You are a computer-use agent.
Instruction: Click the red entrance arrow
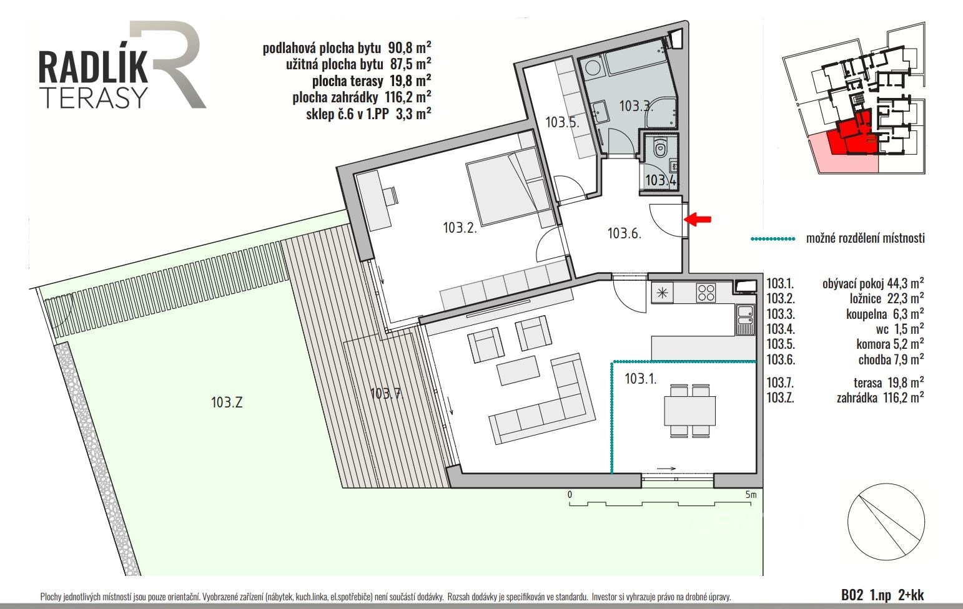[698, 220]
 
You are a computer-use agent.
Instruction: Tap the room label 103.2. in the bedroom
[460, 227]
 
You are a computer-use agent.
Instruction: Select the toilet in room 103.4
[659, 147]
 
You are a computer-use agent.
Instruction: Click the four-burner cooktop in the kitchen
[706, 293]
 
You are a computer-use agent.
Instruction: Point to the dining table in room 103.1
[690, 411]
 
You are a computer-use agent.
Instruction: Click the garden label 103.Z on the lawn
[227, 402]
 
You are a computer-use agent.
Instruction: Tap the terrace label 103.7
[385, 393]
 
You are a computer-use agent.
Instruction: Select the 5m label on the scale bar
[751, 495]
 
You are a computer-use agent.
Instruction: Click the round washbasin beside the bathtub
[593, 69]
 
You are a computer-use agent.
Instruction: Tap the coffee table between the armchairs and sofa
[518, 371]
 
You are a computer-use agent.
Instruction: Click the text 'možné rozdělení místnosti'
[865, 238]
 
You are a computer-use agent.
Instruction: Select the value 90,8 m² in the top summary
[410, 47]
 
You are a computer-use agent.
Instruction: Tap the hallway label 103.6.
[625, 233]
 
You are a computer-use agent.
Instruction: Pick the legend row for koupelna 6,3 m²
[845, 314]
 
